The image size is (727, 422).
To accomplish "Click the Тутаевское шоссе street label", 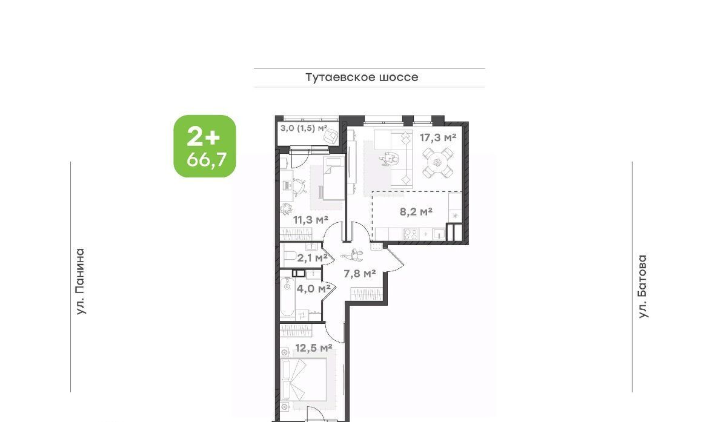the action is (362, 77).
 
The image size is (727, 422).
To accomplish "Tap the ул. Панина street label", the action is (80, 282).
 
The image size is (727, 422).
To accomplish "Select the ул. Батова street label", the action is (643, 286).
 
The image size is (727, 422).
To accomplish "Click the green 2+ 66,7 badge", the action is (205, 146).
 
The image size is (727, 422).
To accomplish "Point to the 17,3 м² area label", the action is (438, 137).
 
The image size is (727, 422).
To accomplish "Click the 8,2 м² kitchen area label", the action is (416, 212).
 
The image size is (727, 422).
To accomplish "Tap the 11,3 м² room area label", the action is (311, 220).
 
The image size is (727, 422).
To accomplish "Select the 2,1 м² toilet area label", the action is (312, 258).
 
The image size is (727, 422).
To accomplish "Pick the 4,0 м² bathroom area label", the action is (314, 288).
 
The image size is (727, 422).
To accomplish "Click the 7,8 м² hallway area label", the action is (360, 274).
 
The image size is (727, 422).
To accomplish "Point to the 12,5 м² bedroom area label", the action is (314, 348).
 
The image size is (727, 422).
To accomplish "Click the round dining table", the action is (437, 162).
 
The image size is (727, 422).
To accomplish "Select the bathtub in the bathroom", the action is (287, 297).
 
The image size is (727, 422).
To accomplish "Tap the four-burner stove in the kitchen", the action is (411, 234).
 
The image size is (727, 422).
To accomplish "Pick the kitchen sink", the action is (439, 234).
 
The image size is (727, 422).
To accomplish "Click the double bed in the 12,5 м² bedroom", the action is (304, 380).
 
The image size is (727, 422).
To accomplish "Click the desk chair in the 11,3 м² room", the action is (299, 186).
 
